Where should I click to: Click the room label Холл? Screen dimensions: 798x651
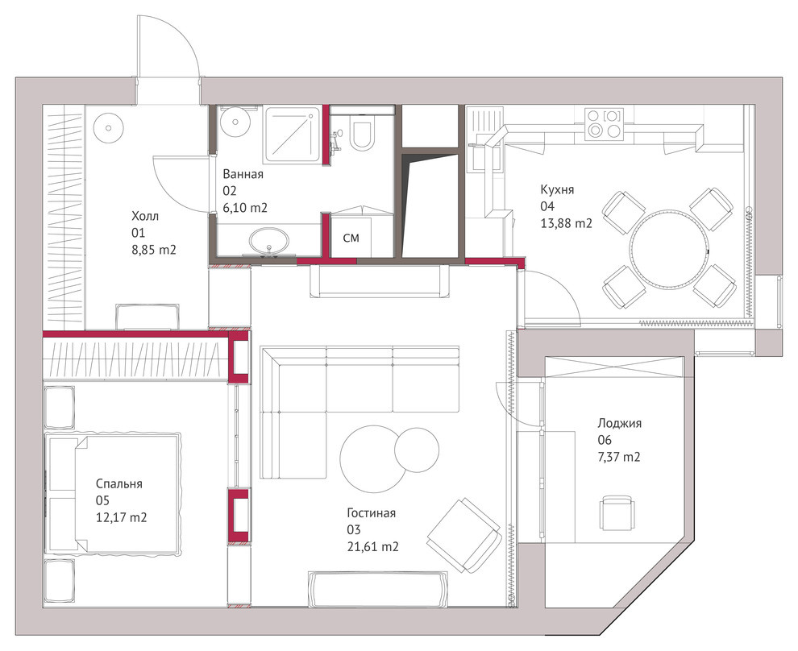(145, 216)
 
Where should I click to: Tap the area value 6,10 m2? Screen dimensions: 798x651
(245, 208)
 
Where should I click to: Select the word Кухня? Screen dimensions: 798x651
(557, 189)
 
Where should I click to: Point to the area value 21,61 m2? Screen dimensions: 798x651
(373, 547)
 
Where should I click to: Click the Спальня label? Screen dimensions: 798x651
(119, 483)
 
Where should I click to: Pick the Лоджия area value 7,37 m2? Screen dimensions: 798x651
(619, 457)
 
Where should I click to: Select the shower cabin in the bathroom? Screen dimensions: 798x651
(292, 135)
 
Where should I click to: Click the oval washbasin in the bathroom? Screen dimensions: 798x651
(268, 241)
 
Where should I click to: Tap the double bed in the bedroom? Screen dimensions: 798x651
(113, 493)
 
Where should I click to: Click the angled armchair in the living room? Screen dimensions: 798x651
(464, 535)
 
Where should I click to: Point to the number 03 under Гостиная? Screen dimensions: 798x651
(354, 530)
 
